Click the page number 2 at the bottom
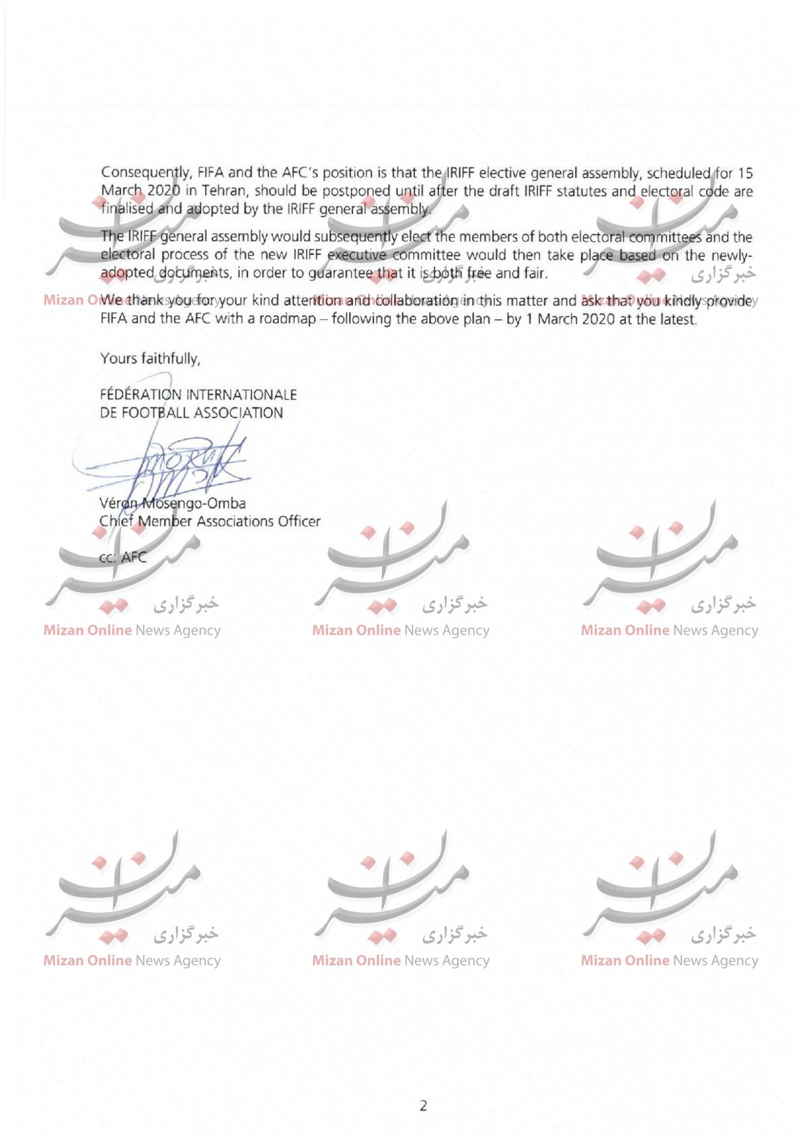click(423, 1106)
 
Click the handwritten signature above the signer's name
click(168, 464)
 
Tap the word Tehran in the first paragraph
click(224, 191)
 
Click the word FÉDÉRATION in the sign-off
click(141, 394)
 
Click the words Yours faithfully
click(150, 358)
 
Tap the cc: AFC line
click(123, 557)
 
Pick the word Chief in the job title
click(116, 521)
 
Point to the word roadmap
click(288, 319)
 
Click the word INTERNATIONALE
click(241, 394)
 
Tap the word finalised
click(127, 208)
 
